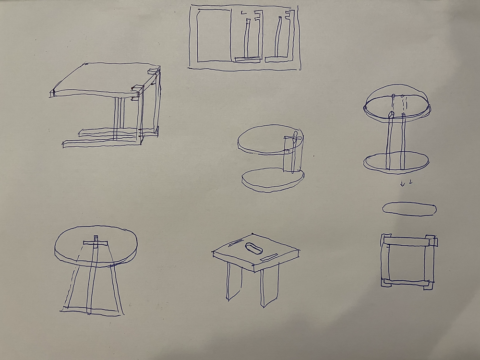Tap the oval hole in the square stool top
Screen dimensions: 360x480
[x=253, y=248]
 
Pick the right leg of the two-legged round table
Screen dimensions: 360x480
[x=403, y=142]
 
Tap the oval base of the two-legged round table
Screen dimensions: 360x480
[x=396, y=162]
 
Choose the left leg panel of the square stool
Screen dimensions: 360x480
[x=235, y=283]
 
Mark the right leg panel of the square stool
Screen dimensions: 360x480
[x=269, y=287]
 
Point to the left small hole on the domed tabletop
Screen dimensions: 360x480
[x=394, y=96]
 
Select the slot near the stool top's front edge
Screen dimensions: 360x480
[x=271, y=258]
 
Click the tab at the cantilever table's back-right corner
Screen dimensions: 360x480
[x=154, y=72]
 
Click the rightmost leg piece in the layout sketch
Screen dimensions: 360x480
[x=278, y=38]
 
